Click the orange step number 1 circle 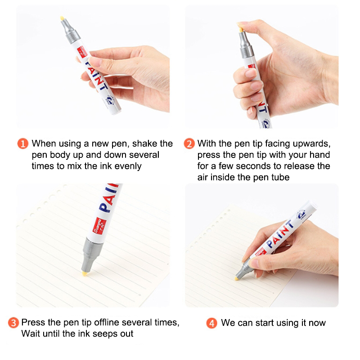tap(23, 144)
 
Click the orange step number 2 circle tap(189, 144)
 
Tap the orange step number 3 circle tap(13, 323)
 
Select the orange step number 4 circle tap(211, 323)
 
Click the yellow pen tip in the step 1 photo tap(62, 18)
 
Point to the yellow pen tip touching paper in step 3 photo tap(85, 273)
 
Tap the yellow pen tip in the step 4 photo tap(236, 279)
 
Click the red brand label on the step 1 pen tap(82, 52)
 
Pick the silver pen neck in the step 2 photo tap(246, 45)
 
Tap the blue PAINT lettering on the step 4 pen tap(280, 234)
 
